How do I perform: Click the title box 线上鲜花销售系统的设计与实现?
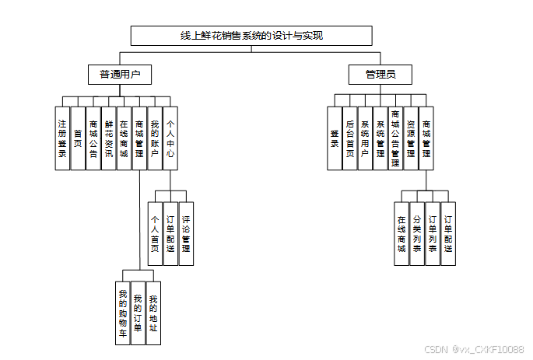[x=251, y=36]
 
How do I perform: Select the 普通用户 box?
[x=119, y=75]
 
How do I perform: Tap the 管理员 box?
[x=380, y=75]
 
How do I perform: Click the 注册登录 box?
[x=62, y=138]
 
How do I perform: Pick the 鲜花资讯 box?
[x=109, y=138]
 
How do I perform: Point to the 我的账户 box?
[x=155, y=138]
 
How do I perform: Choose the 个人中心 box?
[x=170, y=138]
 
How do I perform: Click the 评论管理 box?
[x=186, y=233]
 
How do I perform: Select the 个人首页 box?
[x=156, y=233]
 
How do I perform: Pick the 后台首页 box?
[x=350, y=138]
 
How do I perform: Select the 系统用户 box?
[x=365, y=138]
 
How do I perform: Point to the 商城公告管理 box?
[x=395, y=138]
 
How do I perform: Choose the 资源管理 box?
[x=411, y=138]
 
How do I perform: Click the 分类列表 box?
[x=417, y=233]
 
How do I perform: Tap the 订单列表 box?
[x=432, y=233]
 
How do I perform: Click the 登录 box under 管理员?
[x=335, y=138]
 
